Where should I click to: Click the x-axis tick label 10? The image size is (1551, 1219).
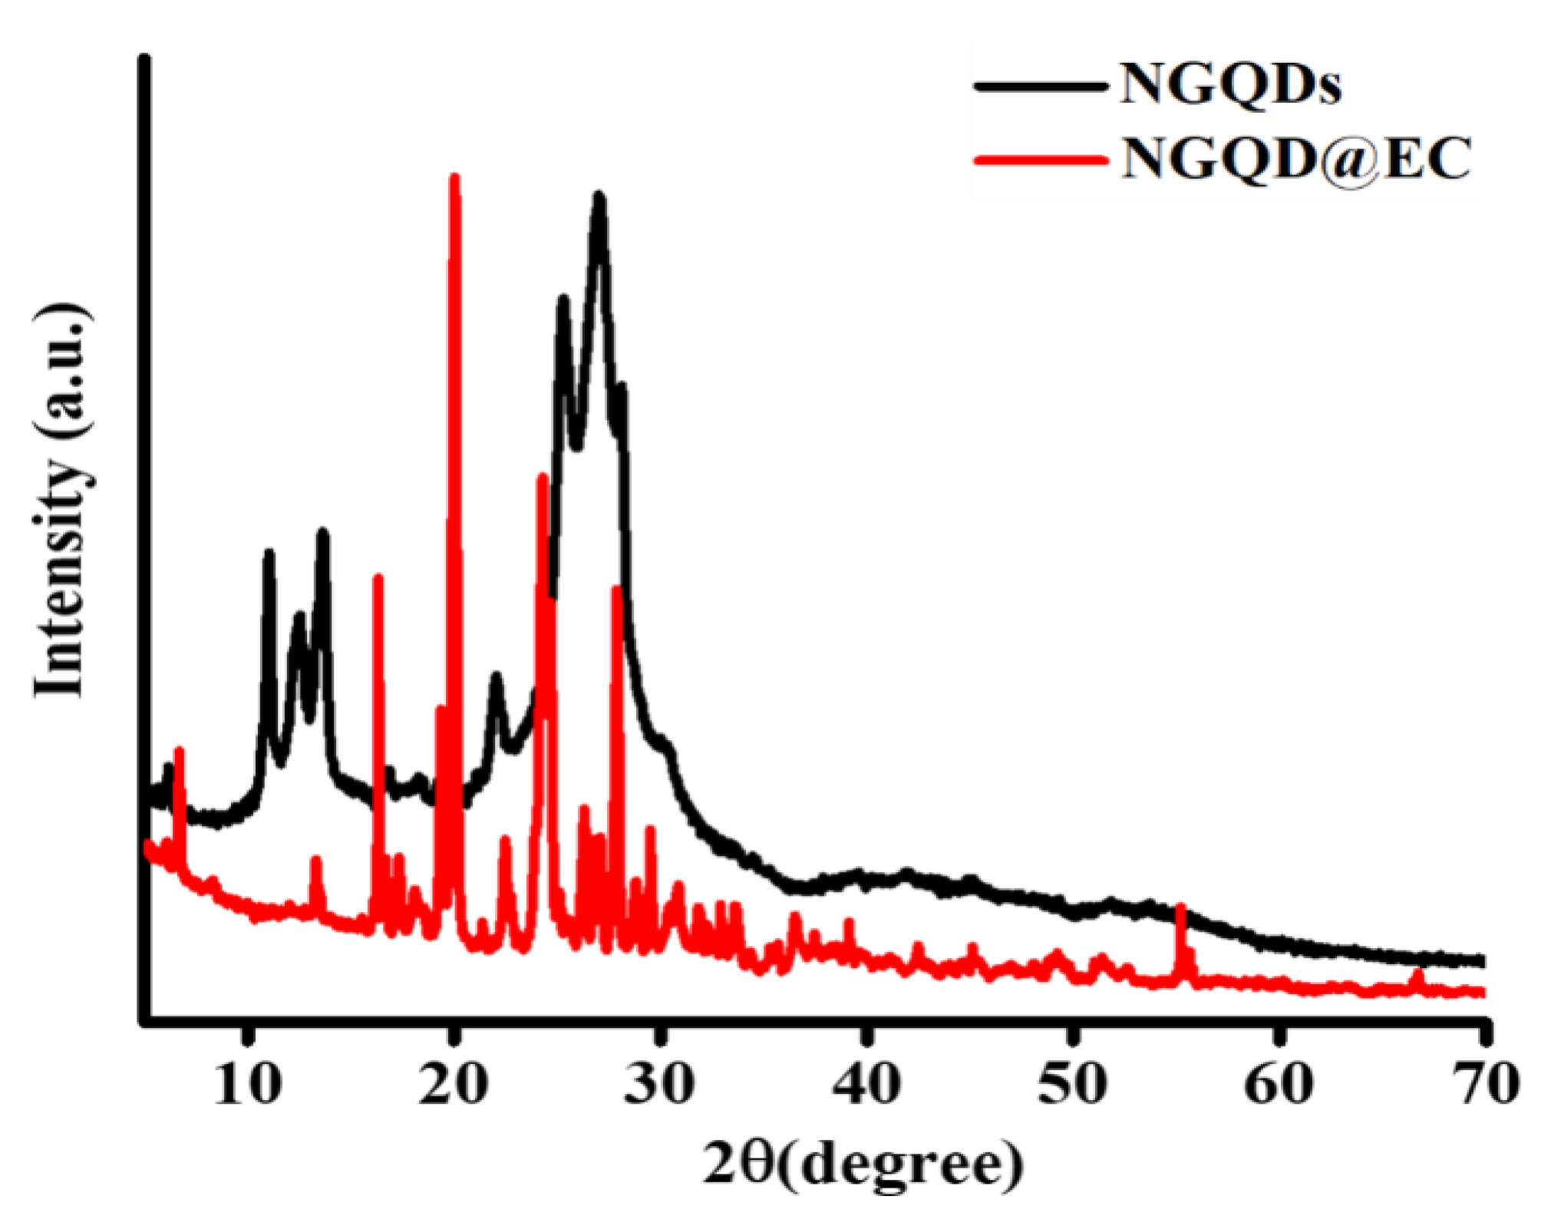click(x=247, y=1085)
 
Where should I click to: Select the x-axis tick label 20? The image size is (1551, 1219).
click(x=454, y=1085)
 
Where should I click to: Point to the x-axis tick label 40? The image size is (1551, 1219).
click(x=866, y=1085)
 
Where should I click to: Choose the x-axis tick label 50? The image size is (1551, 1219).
click(x=1072, y=1085)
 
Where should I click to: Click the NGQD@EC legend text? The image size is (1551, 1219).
click(x=1296, y=159)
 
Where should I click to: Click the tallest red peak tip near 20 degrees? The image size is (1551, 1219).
click(x=454, y=178)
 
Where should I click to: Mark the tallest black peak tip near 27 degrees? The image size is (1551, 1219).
click(x=599, y=196)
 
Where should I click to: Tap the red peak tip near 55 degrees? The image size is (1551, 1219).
click(x=1180, y=908)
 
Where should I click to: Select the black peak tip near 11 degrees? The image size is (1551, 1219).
click(x=269, y=552)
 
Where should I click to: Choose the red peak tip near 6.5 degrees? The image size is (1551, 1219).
click(x=180, y=750)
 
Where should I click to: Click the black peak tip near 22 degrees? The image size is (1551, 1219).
click(x=496, y=676)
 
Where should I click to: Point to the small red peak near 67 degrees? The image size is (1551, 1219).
click(x=1417, y=973)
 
